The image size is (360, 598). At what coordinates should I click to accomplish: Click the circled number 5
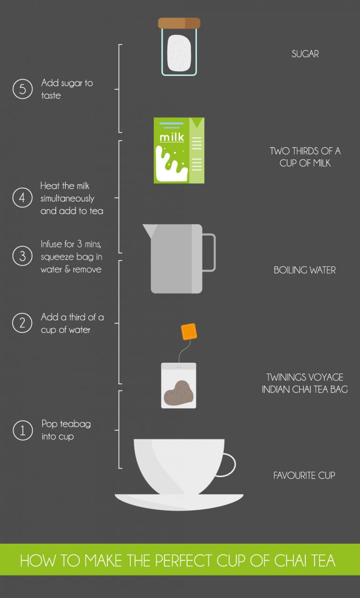pyautogui.click(x=22, y=89)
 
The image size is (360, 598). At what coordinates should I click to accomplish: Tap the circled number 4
pyautogui.click(x=22, y=198)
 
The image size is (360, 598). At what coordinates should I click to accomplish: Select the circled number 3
pyautogui.click(x=22, y=256)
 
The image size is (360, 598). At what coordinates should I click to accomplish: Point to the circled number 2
pyautogui.click(x=22, y=323)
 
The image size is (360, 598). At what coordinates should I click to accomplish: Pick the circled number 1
pyautogui.click(x=22, y=430)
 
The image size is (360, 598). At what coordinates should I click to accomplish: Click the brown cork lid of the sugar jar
pyautogui.click(x=179, y=23)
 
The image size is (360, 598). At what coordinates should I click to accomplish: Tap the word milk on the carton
pyautogui.click(x=172, y=138)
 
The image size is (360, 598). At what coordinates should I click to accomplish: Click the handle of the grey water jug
pyautogui.click(x=209, y=252)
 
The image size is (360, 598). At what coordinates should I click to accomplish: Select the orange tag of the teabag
pyautogui.click(x=188, y=331)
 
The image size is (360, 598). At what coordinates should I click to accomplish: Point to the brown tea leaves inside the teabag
pyautogui.click(x=178, y=393)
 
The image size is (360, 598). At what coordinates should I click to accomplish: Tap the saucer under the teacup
pyautogui.click(x=179, y=502)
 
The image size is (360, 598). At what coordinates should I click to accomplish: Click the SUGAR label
pyautogui.click(x=305, y=54)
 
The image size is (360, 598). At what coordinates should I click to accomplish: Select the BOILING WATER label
pyautogui.click(x=305, y=270)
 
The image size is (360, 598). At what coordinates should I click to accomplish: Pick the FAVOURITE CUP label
pyautogui.click(x=304, y=475)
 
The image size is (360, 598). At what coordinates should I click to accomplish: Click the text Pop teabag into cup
pyautogui.click(x=66, y=430)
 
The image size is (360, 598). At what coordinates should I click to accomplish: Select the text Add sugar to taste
pyautogui.click(x=67, y=89)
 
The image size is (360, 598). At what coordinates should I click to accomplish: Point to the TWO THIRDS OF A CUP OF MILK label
pyautogui.click(x=305, y=157)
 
